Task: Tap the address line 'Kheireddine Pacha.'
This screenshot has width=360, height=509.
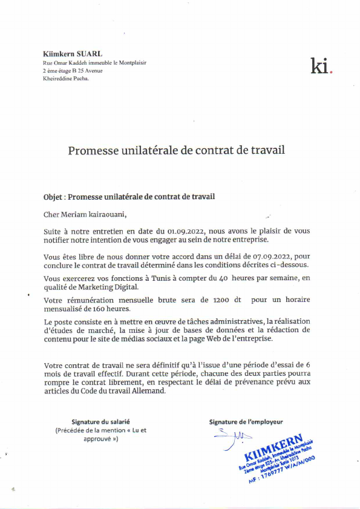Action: pyautogui.click(x=66, y=79)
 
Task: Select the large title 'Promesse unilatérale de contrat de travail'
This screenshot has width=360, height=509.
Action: pyautogui.click(x=176, y=149)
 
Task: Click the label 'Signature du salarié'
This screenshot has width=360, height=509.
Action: pyautogui.click(x=100, y=421)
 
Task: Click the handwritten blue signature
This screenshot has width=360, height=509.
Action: pyautogui.click(x=232, y=436)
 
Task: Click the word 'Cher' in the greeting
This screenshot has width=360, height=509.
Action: pyautogui.click(x=53, y=214)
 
